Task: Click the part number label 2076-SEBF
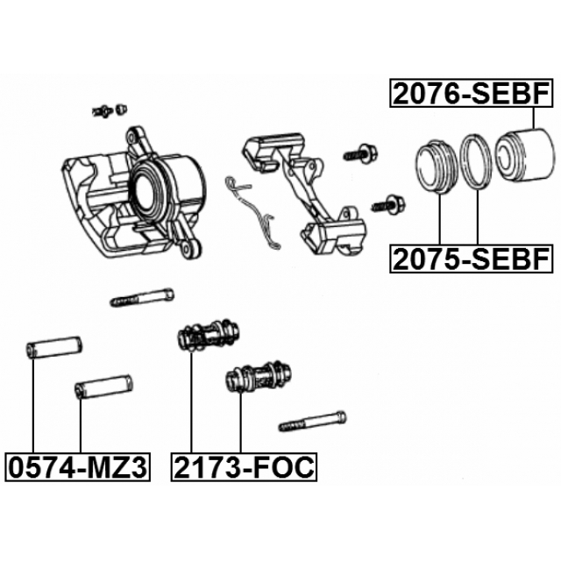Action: point(472,94)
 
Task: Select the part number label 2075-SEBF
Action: point(472,259)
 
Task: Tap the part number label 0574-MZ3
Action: point(78,467)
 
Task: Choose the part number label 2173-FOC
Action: point(244,467)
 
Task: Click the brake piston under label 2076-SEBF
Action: point(523,154)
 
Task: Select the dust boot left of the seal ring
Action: point(437,167)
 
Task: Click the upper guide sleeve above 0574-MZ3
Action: point(54,347)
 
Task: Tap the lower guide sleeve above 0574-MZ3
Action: point(103,387)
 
